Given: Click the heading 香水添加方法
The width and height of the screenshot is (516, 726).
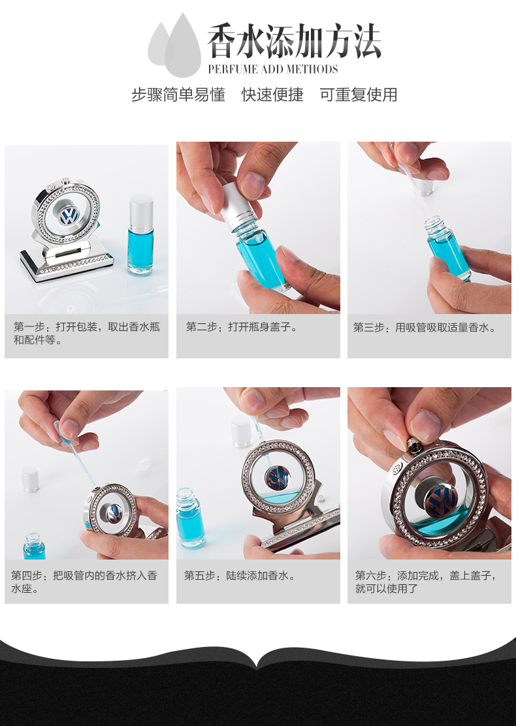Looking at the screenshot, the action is (294, 41).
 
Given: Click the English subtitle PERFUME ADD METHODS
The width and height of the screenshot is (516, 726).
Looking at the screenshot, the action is (273, 69).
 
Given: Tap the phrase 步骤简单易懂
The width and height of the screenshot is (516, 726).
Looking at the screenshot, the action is (178, 95).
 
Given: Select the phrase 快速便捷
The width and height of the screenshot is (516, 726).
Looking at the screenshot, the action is (272, 95).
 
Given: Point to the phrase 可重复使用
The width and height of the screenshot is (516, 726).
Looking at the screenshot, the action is (358, 95).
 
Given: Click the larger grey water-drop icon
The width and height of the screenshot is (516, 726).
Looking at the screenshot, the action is (183, 46).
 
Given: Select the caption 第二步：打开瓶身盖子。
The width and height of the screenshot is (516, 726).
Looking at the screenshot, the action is (241, 327).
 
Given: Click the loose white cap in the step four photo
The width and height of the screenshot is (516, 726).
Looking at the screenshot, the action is (30, 479).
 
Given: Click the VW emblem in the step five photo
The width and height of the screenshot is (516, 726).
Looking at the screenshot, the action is (278, 478).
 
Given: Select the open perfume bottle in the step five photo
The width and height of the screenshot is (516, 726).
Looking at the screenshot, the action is (189, 517).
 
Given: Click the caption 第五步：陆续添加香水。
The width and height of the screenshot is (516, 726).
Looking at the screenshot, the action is (240, 576).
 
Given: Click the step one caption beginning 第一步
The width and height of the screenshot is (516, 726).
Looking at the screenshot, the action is (87, 334).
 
